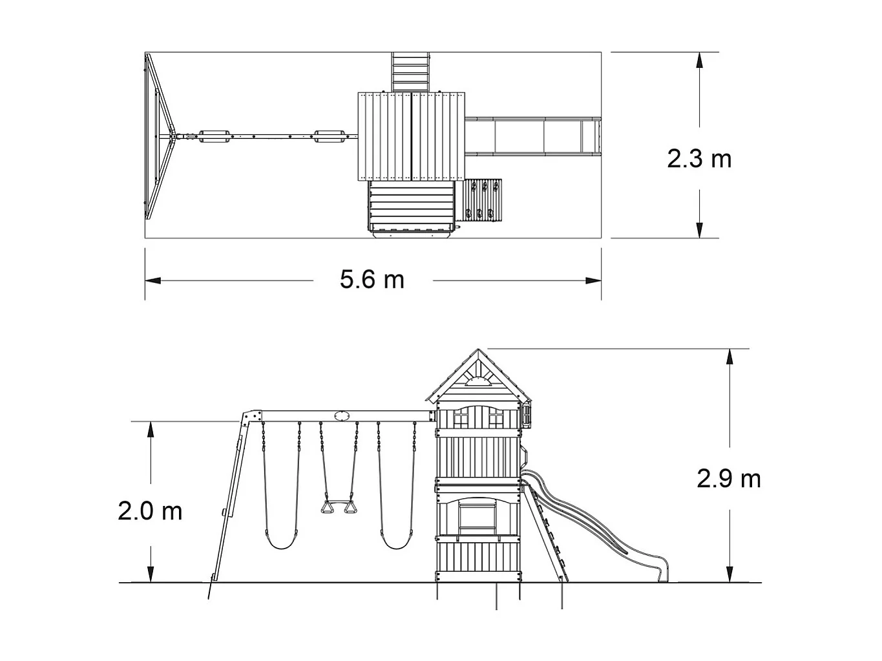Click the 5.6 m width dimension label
372,279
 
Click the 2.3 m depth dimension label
699,159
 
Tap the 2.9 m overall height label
728,479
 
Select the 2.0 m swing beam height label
150,512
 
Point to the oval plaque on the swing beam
340,416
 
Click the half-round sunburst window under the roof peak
478,382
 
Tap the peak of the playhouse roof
478,349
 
